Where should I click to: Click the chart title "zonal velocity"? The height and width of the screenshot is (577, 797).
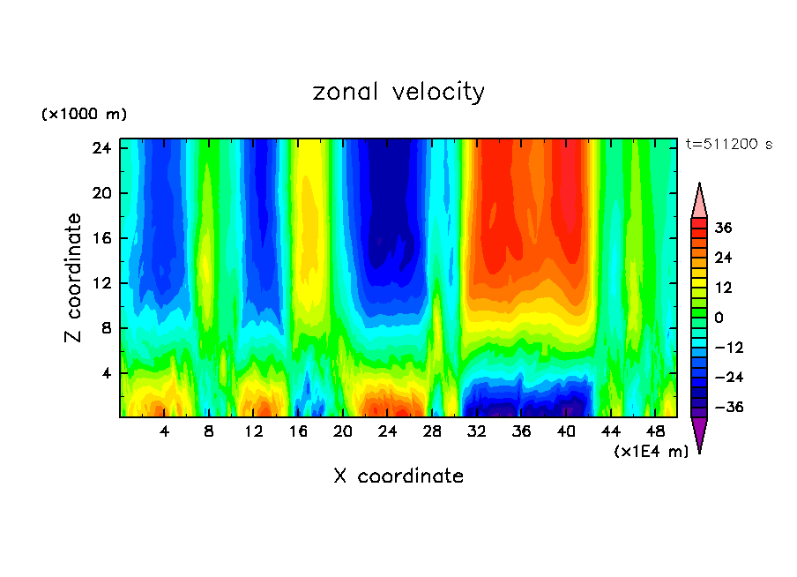tap(398, 92)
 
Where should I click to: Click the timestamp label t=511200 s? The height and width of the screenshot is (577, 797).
tap(728, 144)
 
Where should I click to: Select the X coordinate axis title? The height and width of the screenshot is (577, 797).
tap(398, 476)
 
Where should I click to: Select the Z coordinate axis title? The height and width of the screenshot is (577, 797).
tap(74, 278)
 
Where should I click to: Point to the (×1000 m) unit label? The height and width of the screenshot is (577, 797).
tap(84, 115)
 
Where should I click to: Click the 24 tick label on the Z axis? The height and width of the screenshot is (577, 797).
tap(101, 148)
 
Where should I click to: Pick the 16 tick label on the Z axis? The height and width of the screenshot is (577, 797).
tap(101, 238)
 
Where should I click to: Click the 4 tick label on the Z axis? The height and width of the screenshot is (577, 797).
tap(105, 373)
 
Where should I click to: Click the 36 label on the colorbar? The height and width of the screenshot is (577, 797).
tap(723, 228)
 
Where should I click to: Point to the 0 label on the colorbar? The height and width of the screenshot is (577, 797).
tap(719, 318)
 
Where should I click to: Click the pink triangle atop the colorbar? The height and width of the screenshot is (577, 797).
tap(699, 202)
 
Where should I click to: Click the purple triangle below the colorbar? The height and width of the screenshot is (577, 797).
tap(699, 433)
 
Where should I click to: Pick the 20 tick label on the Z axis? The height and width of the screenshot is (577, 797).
tap(101, 193)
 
